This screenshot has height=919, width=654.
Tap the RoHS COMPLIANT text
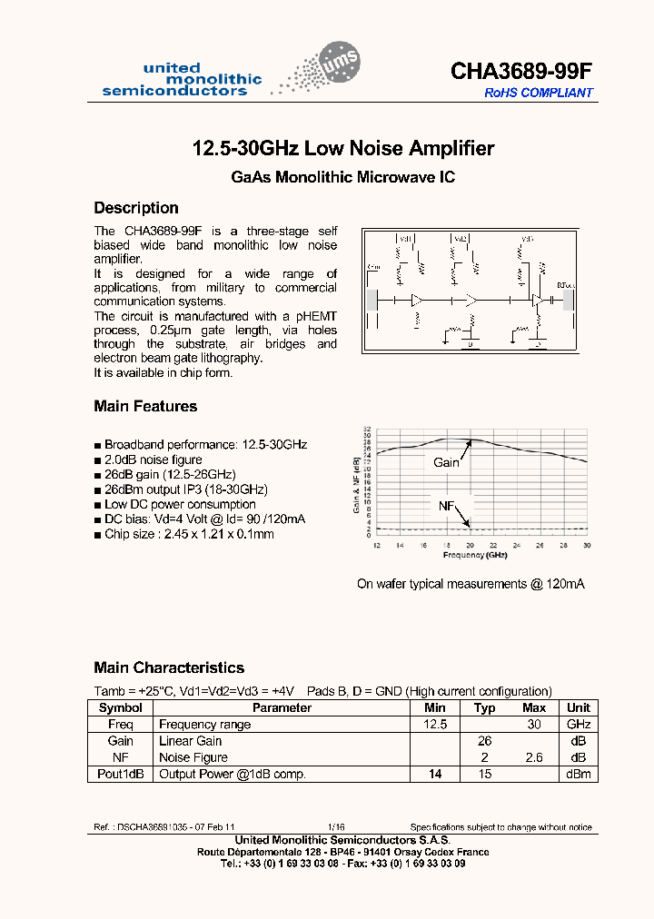(x=539, y=93)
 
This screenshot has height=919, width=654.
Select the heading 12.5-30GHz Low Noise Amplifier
(x=343, y=148)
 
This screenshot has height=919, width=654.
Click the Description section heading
(x=136, y=208)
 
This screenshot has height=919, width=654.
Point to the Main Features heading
(x=145, y=406)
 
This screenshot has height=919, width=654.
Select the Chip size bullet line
(x=189, y=534)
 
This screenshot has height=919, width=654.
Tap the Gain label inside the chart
(x=446, y=462)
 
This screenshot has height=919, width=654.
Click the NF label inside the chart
(x=447, y=506)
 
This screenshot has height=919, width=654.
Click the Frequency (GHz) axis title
(x=474, y=554)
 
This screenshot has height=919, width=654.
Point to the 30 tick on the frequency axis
(x=587, y=545)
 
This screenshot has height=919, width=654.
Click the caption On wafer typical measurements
(x=471, y=584)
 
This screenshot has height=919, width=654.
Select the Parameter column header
(x=282, y=707)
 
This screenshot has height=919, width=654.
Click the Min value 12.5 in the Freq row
(x=435, y=725)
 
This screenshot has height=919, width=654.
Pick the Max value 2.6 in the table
(x=534, y=757)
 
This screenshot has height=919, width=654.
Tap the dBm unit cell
(x=579, y=774)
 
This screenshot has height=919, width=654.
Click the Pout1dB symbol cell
(x=121, y=774)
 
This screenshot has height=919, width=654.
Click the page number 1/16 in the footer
(x=335, y=827)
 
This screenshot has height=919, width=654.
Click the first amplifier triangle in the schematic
(x=417, y=299)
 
